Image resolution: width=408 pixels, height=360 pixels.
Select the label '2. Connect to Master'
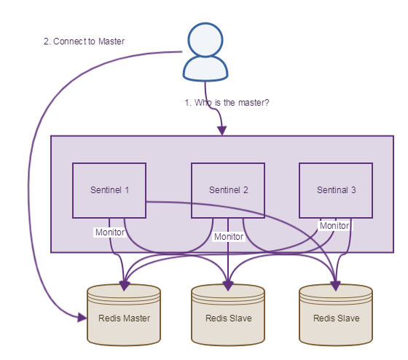point(84,42)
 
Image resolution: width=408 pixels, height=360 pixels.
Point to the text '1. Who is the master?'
point(227,103)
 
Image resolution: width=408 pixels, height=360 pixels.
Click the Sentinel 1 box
point(109,190)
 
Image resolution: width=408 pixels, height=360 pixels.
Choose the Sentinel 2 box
point(228,190)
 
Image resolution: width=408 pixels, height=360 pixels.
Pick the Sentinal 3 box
point(336,190)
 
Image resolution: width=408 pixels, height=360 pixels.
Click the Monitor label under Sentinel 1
point(109,232)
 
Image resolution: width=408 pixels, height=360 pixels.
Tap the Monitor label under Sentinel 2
point(228,237)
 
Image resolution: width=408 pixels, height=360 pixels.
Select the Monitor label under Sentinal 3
point(334,226)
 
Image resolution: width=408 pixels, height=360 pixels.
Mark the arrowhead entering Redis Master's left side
point(82,316)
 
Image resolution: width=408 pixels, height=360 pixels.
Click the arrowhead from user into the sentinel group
point(221,130)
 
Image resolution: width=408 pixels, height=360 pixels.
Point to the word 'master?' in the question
point(254,103)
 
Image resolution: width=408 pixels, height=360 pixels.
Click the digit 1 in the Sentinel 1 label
point(127,190)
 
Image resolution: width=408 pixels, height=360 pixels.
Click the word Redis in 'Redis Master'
point(109,318)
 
